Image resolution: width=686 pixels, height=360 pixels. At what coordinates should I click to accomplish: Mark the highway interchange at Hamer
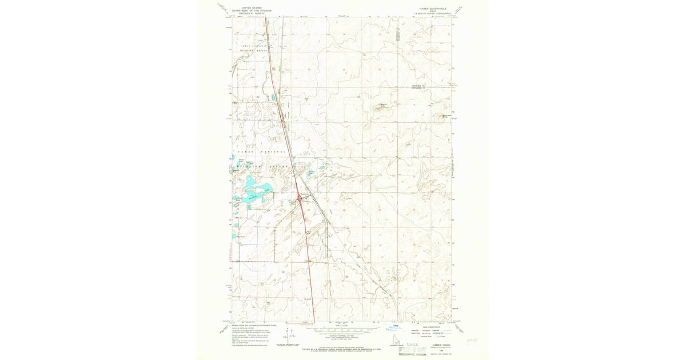(300, 199)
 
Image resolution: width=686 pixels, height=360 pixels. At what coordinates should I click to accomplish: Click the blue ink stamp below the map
(398, 326)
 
